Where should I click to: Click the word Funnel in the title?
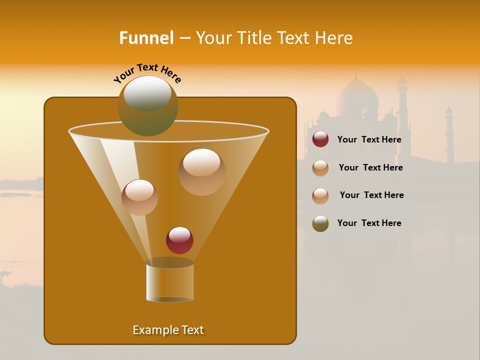point(146,38)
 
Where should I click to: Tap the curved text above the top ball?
point(147,73)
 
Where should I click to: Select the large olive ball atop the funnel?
point(147,106)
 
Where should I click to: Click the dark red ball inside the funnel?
point(179,240)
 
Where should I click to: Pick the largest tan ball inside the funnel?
point(201,171)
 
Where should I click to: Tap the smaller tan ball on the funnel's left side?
point(139,197)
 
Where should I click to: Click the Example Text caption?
point(168,330)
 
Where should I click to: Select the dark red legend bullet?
point(320,139)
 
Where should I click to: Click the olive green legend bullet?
point(320,223)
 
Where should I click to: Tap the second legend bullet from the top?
point(320,168)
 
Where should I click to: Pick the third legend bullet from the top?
point(320,196)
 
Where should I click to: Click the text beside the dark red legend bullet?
point(369,139)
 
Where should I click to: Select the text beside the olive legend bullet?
point(369,223)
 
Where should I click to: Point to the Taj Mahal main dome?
point(357,97)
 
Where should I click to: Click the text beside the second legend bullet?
point(370,167)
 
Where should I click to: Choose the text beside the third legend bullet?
point(371,195)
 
